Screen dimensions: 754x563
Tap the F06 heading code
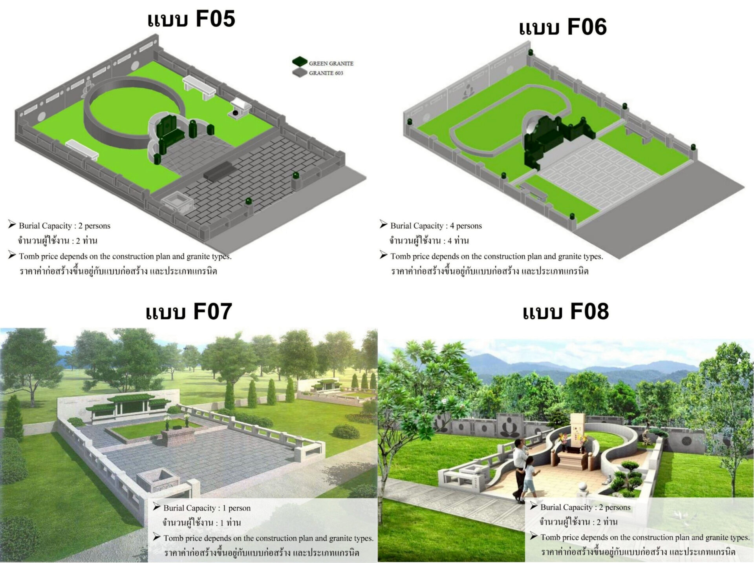pos(587,27)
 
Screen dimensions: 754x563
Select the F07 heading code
pos(212,312)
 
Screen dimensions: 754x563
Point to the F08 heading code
pos(589,312)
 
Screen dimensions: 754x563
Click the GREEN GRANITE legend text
pos(331,63)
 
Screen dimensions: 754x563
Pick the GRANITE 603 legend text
pos(326,73)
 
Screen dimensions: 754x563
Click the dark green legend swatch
pos(300,61)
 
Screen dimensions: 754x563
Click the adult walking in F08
pos(521,469)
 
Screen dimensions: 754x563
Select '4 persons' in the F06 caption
pos(466,226)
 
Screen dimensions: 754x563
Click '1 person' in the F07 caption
pos(236,508)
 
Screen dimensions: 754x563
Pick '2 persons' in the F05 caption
pos(94,226)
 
